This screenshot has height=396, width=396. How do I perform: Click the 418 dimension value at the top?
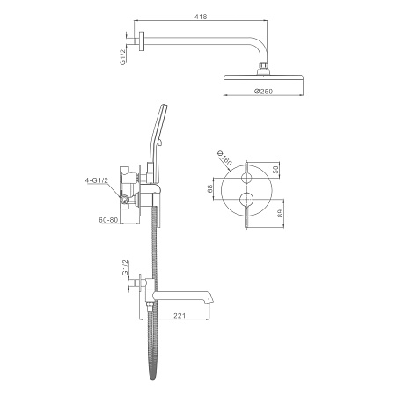pos(201,17)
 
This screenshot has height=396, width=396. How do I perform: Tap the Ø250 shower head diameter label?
pos(263,92)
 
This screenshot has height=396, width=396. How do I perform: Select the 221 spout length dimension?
pos(180,316)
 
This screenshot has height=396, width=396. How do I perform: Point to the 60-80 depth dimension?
pos(108,220)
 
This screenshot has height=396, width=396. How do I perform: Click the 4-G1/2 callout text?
pos(97,180)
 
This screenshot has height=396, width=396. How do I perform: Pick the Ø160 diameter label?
pos(224,158)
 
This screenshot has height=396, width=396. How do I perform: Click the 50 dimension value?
pos(275,170)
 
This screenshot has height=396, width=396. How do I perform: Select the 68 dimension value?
pos(209,188)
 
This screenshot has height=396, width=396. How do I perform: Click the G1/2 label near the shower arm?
pos(122,57)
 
